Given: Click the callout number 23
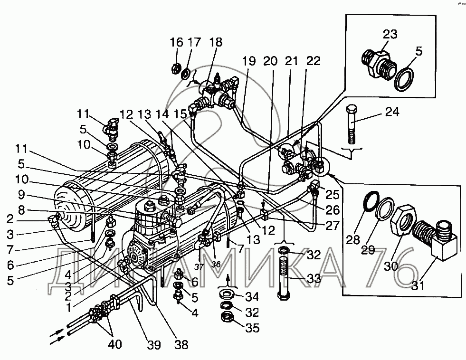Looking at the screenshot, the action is tap(390, 34).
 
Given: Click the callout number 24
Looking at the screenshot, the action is tap(392, 112).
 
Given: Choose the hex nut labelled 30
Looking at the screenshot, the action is tap(403, 219).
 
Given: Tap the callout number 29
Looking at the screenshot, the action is tap(368, 250).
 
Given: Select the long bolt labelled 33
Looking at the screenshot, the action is tap(283, 278).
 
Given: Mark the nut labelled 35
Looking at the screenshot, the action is tap(228, 318).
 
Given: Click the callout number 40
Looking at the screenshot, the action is tap(114, 344).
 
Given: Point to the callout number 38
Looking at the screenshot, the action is tap(181, 345).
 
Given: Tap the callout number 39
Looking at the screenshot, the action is tap(154, 345).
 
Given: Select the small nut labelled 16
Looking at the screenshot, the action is tap(175, 69).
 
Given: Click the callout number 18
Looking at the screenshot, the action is tap(216, 42).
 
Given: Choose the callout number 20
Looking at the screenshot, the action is tap(270, 61).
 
